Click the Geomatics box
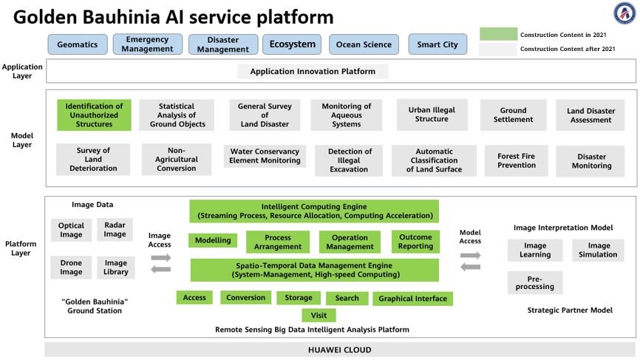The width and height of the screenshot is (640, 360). [x=78, y=44]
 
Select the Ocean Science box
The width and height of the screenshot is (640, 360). [x=364, y=44]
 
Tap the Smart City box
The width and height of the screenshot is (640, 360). [x=438, y=44]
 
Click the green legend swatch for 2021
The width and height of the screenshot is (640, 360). [x=498, y=34]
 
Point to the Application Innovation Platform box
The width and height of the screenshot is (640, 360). [x=313, y=72]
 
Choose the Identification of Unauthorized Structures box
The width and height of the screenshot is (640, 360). [x=94, y=115]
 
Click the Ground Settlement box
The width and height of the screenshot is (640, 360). [x=513, y=115]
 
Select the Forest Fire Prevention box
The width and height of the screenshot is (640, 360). [x=517, y=161]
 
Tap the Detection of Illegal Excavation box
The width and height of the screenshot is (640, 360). [x=349, y=160]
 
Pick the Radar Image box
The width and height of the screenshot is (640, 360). [x=115, y=229]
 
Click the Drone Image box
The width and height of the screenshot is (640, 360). [x=71, y=268]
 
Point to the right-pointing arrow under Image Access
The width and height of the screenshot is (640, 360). [x=161, y=258]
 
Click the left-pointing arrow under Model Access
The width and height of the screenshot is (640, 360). [x=470, y=268]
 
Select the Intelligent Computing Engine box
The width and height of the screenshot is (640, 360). [x=314, y=211]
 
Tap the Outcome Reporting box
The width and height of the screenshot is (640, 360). [x=415, y=242]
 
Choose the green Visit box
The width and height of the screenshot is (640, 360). [x=319, y=316]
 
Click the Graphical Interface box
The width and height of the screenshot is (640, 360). [x=412, y=299]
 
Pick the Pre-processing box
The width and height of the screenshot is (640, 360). [x=535, y=283]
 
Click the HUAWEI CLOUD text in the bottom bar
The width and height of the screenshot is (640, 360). [x=340, y=350]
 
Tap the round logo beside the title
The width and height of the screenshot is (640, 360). [x=624, y=13]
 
